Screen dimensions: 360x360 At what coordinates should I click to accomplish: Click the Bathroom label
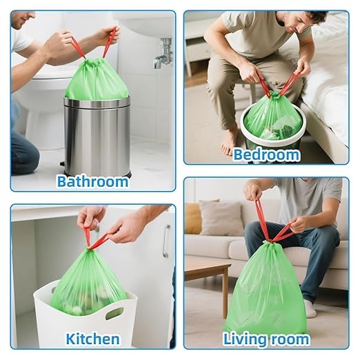[x=92, y=181]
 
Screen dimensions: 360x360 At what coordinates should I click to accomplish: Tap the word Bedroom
[x=266, y=154]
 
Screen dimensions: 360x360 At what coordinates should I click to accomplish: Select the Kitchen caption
[x=92, y=339]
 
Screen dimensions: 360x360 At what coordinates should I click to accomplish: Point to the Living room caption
[x=266, y=339]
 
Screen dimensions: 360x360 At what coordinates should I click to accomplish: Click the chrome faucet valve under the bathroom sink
[x=163, y=54]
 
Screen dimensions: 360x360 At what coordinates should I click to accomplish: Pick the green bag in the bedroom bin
[x=272, y=117]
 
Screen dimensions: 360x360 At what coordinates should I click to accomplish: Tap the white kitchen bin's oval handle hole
[x=115, y=314]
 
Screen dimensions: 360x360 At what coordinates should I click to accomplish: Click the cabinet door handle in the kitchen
[x=166, y=241]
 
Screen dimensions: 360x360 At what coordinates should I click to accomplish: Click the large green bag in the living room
[x=266, y=290]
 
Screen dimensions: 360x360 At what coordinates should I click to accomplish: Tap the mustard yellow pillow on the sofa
[x=194, y=218]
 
